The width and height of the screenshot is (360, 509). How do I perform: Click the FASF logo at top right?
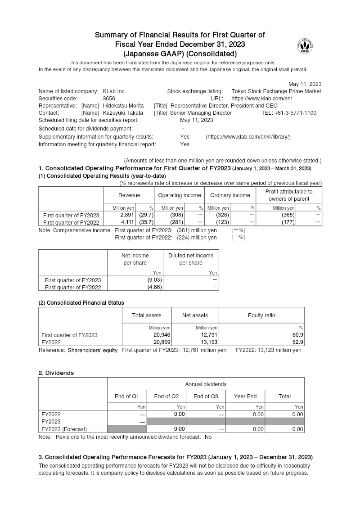tap(305, 46)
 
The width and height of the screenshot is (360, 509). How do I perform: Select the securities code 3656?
tap(109, 99)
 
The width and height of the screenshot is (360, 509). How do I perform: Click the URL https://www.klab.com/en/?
tap(262, 99)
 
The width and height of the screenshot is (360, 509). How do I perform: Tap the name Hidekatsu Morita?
tap(120, 106)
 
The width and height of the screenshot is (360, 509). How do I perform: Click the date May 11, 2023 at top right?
tap(305, 84)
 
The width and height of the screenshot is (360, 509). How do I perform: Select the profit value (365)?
tap(288, 216)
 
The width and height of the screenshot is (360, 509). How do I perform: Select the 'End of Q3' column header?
tap(206, 396)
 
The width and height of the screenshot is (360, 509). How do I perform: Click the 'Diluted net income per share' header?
tap(191, 259)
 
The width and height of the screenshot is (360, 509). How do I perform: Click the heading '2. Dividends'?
tap(56, 373)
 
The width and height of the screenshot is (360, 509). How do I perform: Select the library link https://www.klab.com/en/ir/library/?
tap(248, 136)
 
